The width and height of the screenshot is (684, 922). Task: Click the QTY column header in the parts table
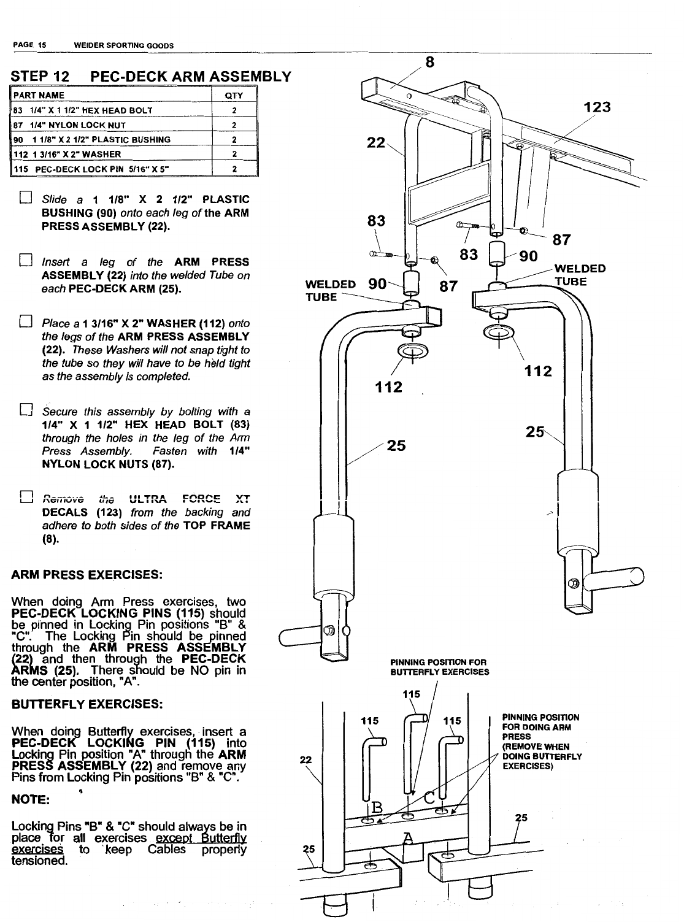(x=234, y=96)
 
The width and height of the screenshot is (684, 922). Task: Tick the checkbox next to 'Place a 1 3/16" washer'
(x=25, y=323)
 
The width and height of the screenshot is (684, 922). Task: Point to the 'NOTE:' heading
(x=30, y=801)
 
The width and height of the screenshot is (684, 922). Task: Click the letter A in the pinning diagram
(x=406, y=838)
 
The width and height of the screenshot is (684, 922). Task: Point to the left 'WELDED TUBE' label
(x=330, y=291)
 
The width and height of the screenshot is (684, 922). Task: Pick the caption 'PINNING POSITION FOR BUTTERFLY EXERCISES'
(x=439, y=667)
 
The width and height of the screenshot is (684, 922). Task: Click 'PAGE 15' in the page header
(x=30, y=45)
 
